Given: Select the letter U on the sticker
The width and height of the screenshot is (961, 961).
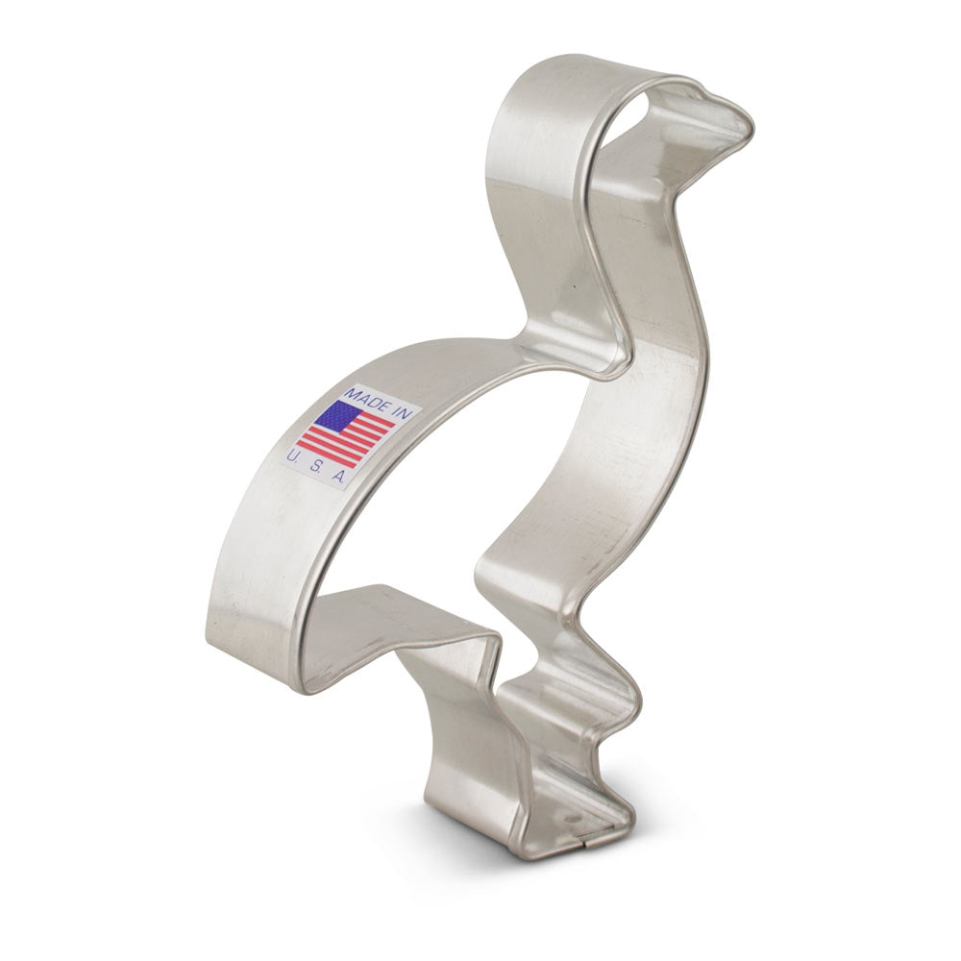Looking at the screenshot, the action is [x=293, y=456].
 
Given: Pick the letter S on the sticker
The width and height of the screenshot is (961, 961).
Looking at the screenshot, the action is [x=316, y=467].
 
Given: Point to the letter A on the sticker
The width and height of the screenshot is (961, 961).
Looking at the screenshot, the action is [x=338, y=478].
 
